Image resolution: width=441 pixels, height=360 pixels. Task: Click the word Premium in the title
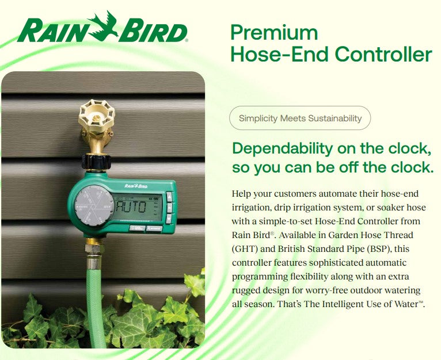pos(273,32)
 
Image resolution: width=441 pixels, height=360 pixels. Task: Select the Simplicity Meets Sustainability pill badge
pos(300,118)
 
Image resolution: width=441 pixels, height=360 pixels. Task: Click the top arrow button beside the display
pos(170,196)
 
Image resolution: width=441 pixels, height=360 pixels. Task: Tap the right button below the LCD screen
pos(154,228)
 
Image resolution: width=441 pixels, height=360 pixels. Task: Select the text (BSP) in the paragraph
pos(385,249)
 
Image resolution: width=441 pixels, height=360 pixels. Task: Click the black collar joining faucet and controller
pos(96,162)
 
